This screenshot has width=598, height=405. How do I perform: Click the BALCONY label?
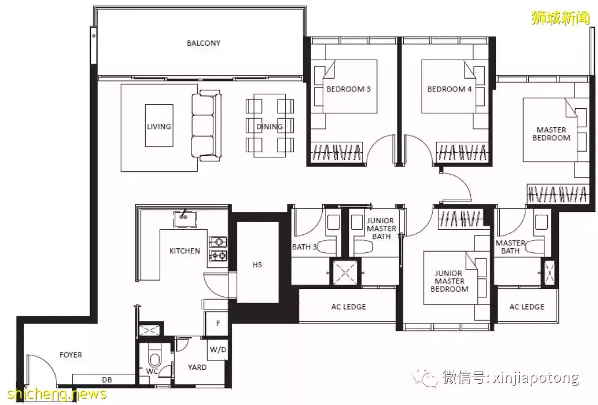[203, 43]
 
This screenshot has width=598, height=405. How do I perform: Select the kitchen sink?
[185, 219]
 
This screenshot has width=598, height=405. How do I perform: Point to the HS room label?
[257, 264]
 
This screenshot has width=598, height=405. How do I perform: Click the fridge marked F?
[217, 324]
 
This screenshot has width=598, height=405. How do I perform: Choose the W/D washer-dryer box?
[218, 349]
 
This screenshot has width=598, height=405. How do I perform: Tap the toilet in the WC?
[155, 359]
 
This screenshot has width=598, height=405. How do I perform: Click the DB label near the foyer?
[107, 380]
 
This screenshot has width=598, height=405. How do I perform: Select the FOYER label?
[70, 355]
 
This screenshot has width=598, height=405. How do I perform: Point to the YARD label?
[197, 367]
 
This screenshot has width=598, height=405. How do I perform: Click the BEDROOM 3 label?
[348, 89]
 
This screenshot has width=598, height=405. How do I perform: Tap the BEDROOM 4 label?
[449, 89]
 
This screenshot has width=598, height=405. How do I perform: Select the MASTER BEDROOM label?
[551, 134]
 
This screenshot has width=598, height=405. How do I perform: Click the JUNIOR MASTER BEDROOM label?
[449, 281]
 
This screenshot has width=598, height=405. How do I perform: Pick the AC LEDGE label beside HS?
[348, 307]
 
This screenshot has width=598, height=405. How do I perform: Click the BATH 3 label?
[304, 247]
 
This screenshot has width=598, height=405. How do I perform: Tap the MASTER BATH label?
[510, 247]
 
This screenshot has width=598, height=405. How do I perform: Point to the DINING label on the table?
[269, 127]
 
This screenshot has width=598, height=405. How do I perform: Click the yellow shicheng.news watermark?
[57, 394]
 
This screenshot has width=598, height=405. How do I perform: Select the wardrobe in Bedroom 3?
[337, 152]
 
